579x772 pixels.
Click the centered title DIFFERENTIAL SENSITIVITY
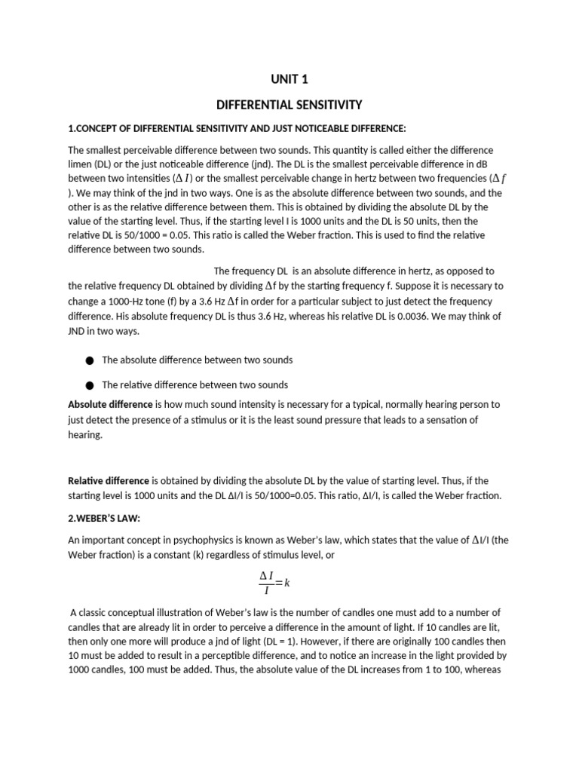click(290, 105)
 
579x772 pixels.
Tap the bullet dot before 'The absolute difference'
click(90, 361)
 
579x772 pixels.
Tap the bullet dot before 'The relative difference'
click(90, 385)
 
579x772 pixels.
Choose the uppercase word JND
click(78, 331)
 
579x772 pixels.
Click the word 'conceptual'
click(139, 612)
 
